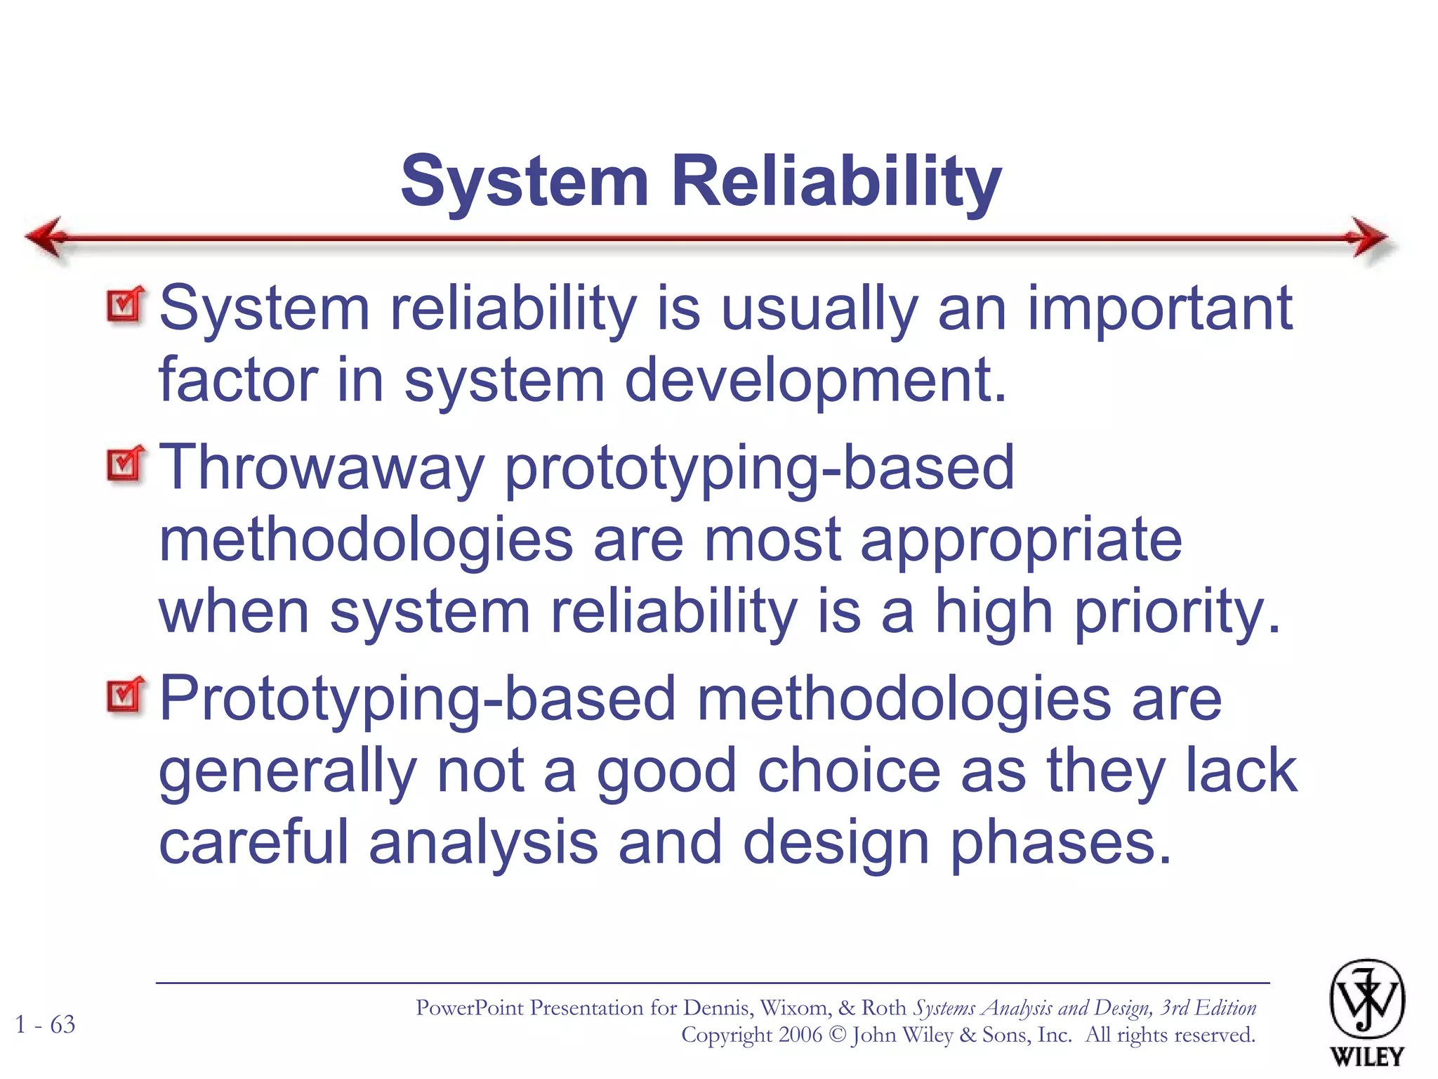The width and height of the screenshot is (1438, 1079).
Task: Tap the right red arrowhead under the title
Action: point(1368,237)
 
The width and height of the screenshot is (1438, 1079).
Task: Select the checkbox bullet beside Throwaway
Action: point(125,464)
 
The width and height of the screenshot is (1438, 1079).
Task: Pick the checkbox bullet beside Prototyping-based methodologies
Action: point(125,695)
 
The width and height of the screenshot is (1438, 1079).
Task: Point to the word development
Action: point(814,381)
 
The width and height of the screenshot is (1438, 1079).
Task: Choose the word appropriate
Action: point(1021,542)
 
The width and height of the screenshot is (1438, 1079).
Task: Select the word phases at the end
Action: point(1060,843)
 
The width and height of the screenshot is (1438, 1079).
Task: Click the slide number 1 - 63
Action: point(46,1025)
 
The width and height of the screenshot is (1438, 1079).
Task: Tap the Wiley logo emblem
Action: point(1366,1000)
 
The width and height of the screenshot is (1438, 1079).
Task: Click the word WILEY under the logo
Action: point(1366,1057)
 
